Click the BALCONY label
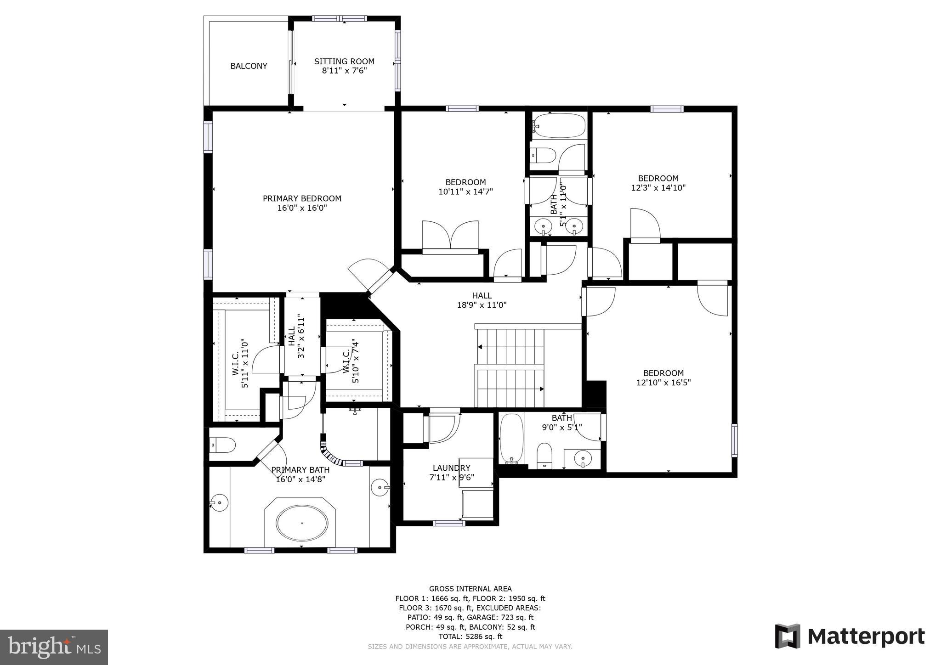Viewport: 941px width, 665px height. click(x=249, y=66)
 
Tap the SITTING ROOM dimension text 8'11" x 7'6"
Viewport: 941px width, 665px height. click(x=344, y=71)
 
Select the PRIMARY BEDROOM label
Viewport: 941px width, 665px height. click(x=302, y=198)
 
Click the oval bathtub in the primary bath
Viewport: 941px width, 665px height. click(x=302, y=524)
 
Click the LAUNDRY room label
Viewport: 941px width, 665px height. click(x=450, y=468)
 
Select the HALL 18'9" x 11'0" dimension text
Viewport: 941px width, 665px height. click(x=482, y=305)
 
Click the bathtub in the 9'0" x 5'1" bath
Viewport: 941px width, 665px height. click(x=511, y=438)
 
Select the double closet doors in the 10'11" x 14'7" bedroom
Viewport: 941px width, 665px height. click(x=450, y=236)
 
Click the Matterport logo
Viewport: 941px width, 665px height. click(x=850, y=637)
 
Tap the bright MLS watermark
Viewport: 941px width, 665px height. click(x=54, y=647)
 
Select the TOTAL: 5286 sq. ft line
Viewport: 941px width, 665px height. click(x=470, y=637)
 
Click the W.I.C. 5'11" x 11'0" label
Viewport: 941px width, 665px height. click(x=240, y=364)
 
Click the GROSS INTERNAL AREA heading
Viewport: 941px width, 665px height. click(x=470, y=589)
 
